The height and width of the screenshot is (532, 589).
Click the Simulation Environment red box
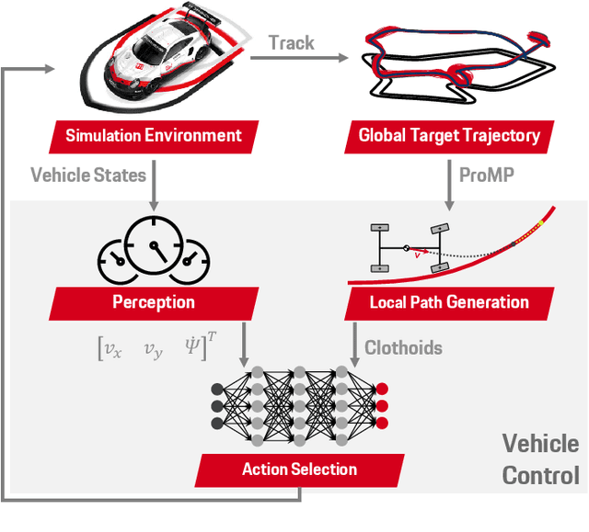[153, 136]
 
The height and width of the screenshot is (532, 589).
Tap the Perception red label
[153, 301]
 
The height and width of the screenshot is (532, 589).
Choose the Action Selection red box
[298, 470]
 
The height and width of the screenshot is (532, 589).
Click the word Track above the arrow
[291, 42]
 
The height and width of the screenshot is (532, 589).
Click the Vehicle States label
[88, 174]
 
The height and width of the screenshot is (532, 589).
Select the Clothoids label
[404, 347]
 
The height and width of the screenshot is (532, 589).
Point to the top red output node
[382, 388]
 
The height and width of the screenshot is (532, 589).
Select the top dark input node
[217, 388]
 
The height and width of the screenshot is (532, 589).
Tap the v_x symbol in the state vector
[112, 349]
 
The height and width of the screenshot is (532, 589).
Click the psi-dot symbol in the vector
[191, 348]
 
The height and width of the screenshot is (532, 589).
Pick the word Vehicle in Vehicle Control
[540, 445]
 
